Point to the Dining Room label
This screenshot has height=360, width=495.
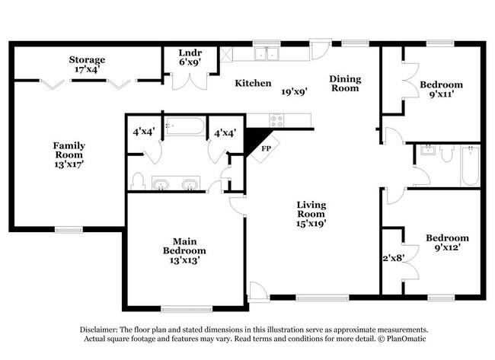point(343,83)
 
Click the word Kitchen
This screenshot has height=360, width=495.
point(253,83)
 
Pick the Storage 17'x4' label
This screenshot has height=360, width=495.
point(87,65)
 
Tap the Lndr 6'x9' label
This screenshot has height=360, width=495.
point(190,58)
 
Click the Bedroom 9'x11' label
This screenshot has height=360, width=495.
point(441,91)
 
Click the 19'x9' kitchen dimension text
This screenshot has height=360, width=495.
point(294,92)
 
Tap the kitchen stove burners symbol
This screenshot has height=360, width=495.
point(276,119)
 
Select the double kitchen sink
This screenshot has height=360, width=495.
point(267,53)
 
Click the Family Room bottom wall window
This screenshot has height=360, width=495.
point(69,228)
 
